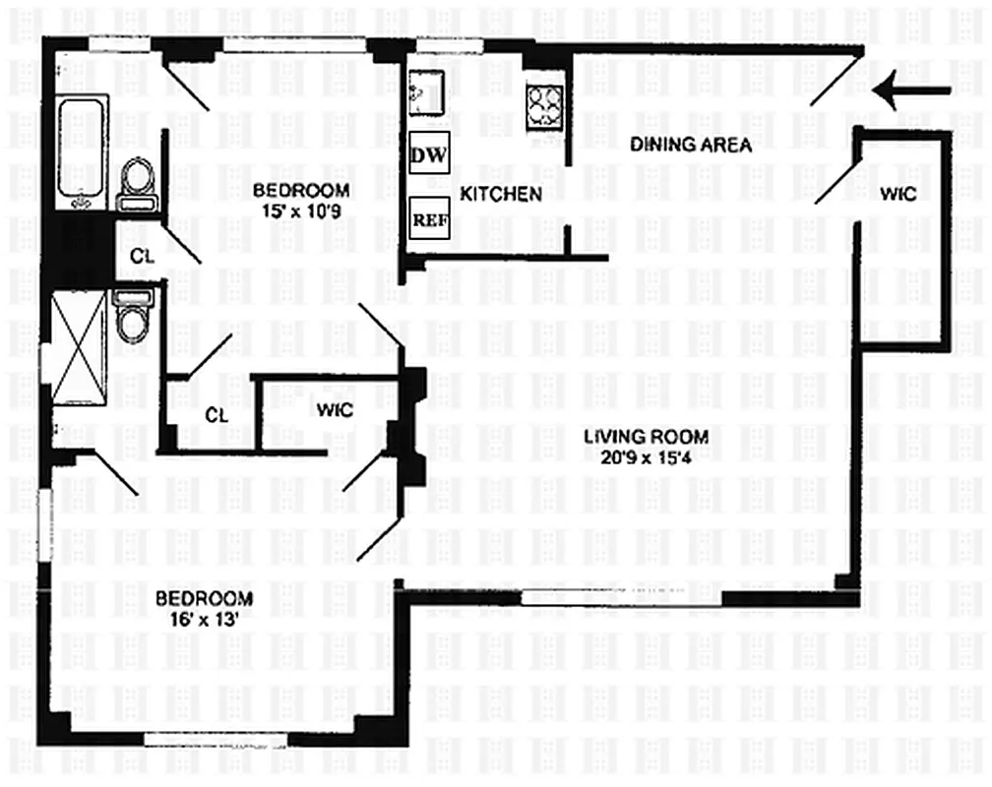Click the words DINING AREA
[x=691, y=146]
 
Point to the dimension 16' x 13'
[x=204, y=619]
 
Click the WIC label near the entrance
[x=899, y=194]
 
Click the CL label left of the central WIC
[x=217, y=415]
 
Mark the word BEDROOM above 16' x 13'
[x=204, y=598]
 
